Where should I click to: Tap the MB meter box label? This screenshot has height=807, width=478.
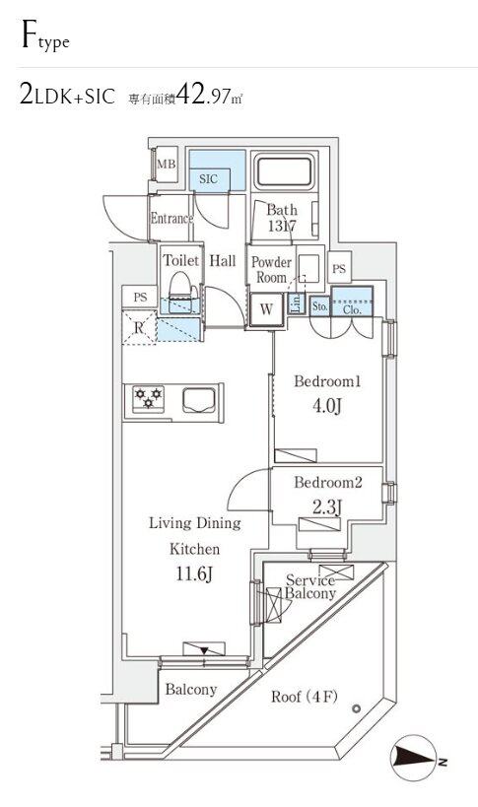click(167, 165)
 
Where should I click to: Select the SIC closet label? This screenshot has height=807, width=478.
click(208, 179)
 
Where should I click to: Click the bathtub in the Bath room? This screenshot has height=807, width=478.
click(284, 171)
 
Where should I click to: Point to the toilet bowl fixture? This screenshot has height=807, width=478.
click(180, 286)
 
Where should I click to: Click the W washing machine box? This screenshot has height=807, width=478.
click(266, 309)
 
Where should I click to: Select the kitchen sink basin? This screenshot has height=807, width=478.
click(199, 400)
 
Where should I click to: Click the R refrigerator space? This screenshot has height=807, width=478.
click(139, 327)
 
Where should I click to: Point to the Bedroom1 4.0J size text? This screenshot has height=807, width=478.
click(327, 407)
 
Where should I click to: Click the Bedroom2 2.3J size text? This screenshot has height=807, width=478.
click(327, 508)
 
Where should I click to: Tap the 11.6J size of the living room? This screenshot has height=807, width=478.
click(194, 573)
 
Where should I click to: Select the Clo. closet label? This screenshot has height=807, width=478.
click(352, 309)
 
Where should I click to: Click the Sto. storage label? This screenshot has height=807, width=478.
click(320, 306)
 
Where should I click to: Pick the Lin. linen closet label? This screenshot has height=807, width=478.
click(296, 303)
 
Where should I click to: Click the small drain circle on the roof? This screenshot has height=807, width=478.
click(356, 708)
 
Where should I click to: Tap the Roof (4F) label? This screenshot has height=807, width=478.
click(305, 697)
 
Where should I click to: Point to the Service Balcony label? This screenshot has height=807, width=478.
click(310, 586)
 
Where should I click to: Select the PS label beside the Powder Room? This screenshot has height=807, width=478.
click(339, 269)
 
